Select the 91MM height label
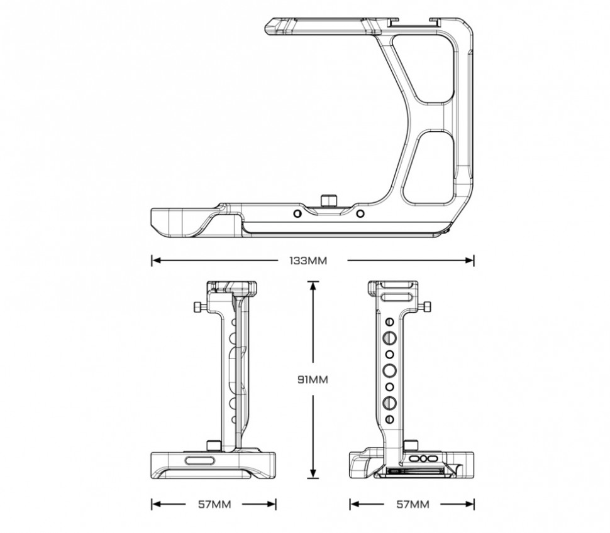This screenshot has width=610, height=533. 313,379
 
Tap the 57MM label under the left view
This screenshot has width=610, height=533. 214,504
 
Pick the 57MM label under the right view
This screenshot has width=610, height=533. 413,504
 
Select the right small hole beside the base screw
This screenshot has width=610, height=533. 360,213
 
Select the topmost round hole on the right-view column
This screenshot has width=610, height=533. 389,321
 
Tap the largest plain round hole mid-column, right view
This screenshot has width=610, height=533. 389,370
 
